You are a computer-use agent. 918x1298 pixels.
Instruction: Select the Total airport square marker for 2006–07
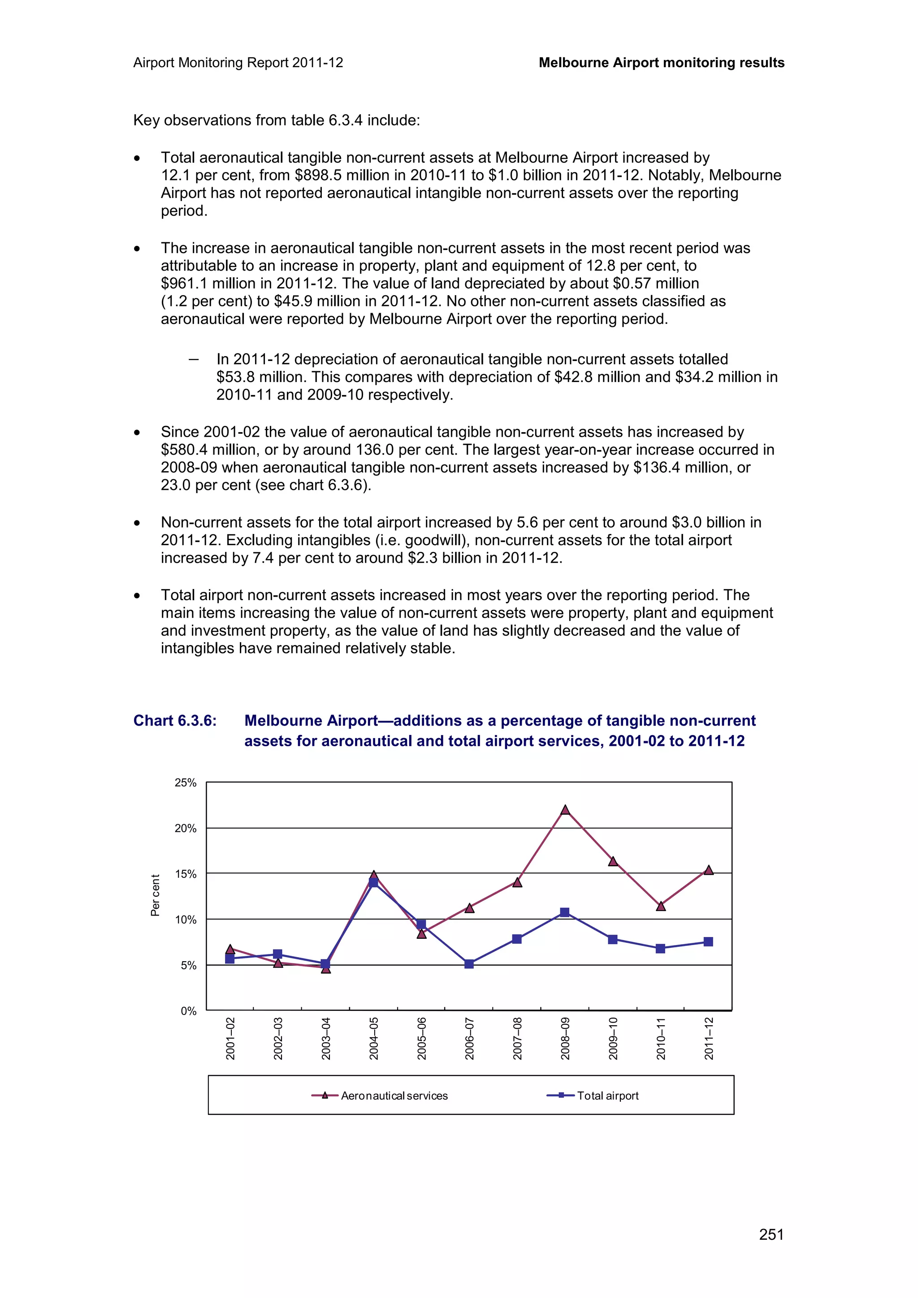pyautogui.click(x=469, y=964)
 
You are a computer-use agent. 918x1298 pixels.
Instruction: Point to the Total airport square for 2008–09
pyautogui.click(x=564, y=912)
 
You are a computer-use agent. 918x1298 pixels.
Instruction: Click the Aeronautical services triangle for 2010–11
pyautogui.click(x=661, y=906)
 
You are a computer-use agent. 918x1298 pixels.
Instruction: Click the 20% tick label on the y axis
pyautogui.click(x=185, y=829)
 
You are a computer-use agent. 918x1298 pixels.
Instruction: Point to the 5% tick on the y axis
pyautogui.click(x=188, y=966)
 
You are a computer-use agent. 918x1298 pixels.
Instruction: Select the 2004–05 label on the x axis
pyautogui.click(x=374, y=1039)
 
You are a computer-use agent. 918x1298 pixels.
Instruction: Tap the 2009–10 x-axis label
pyautogui.click(x=613, y=1039)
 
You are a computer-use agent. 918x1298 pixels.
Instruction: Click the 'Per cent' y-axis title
pyautogui.click(x=155, y=895)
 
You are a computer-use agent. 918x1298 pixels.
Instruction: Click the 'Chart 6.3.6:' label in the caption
pyautogui.click(x=175, y=721)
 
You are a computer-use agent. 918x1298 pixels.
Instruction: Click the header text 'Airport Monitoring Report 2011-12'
pyautogui.click(x=238, y=63)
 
